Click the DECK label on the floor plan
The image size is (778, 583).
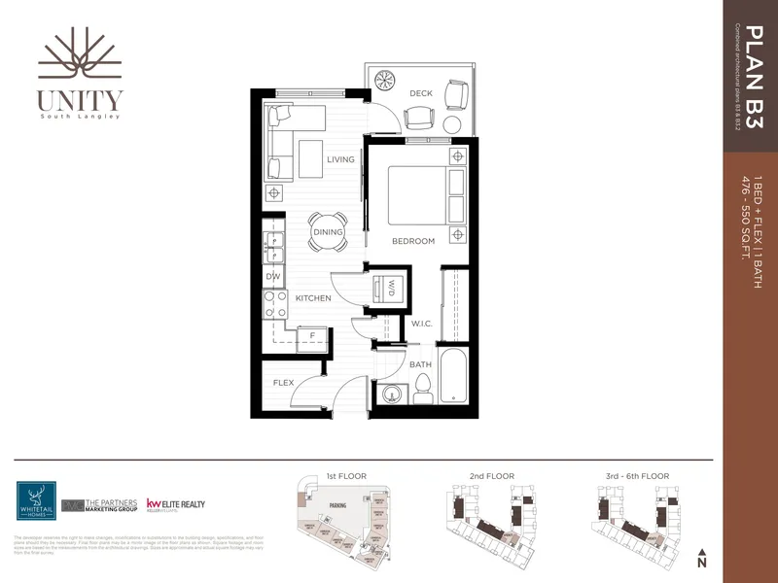click(x=421, y=93)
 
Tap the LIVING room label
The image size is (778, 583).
click(x=340, y=159)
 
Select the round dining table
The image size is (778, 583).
click(x=328, y=231)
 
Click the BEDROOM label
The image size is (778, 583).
click(x=413, y=241)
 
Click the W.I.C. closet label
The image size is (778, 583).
click(x=421, y=324)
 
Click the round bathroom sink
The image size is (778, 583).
click(x=392, y=394)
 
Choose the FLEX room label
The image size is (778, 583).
click(x=284, y=383)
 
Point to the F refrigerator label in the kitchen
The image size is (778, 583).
click(x=311, y=336)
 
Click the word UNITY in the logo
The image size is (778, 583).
click(x=81, y=99)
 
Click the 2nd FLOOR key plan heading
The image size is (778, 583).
click(x=490, y=477)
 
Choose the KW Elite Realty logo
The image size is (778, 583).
click(x=175, y=505)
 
